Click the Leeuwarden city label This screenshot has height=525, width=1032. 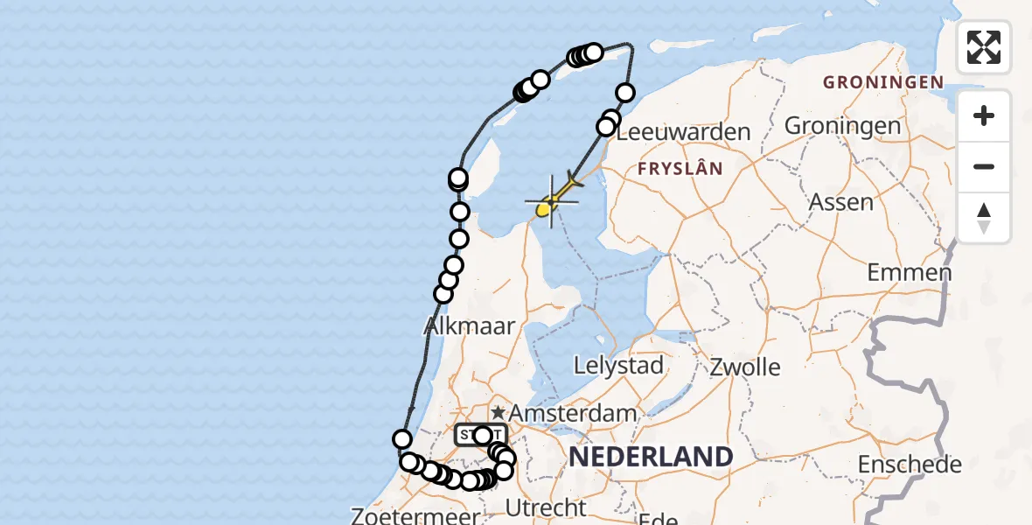(683, 133)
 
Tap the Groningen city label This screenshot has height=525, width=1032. (842, 126)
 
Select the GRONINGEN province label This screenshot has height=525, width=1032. (882, 83)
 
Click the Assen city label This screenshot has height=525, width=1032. (841, 203)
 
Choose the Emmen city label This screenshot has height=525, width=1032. (909, 272)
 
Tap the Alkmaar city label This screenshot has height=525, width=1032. (469, 327)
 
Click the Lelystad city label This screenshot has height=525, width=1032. (618, 366)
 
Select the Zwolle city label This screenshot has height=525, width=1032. (745, 366)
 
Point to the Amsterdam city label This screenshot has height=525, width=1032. (574, 412)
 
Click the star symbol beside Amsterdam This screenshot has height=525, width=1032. (498, 412)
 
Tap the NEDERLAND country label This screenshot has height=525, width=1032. (651, 457)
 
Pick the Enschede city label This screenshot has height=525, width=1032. (910, 465)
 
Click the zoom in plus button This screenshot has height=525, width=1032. (984, 116)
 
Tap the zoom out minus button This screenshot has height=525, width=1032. (984, 166)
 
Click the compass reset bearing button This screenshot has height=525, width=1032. (984, 217)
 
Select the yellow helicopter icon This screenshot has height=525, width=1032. (550, 201)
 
